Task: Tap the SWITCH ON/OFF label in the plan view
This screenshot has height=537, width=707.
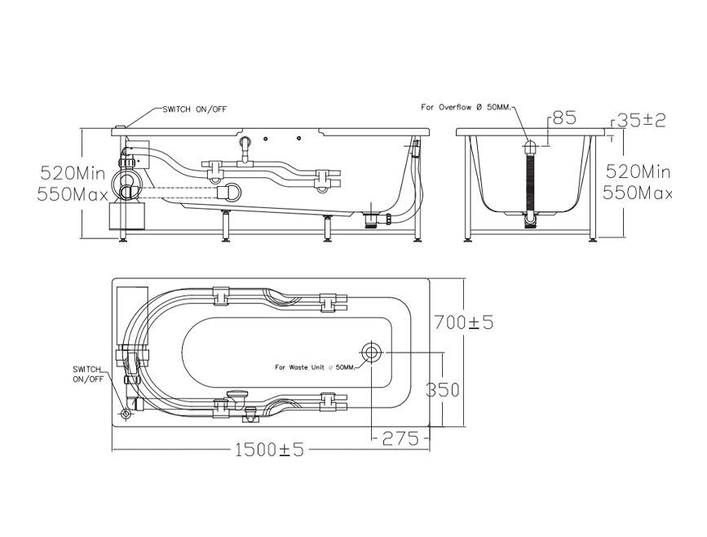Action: tap(88, 374)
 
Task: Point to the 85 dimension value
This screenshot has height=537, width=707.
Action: tap(564, 118)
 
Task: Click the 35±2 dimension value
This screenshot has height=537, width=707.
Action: tap(641, 120)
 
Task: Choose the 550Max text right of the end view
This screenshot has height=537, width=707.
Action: tap(637, 193)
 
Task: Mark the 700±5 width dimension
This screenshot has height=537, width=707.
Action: tap(463, 323)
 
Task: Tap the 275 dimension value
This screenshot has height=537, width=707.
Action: tap(400, 438)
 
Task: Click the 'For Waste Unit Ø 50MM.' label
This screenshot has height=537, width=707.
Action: tap(315, 367)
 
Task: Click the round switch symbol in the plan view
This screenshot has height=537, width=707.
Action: tap(126, 413)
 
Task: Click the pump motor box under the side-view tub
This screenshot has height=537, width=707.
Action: tap(126, 219)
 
